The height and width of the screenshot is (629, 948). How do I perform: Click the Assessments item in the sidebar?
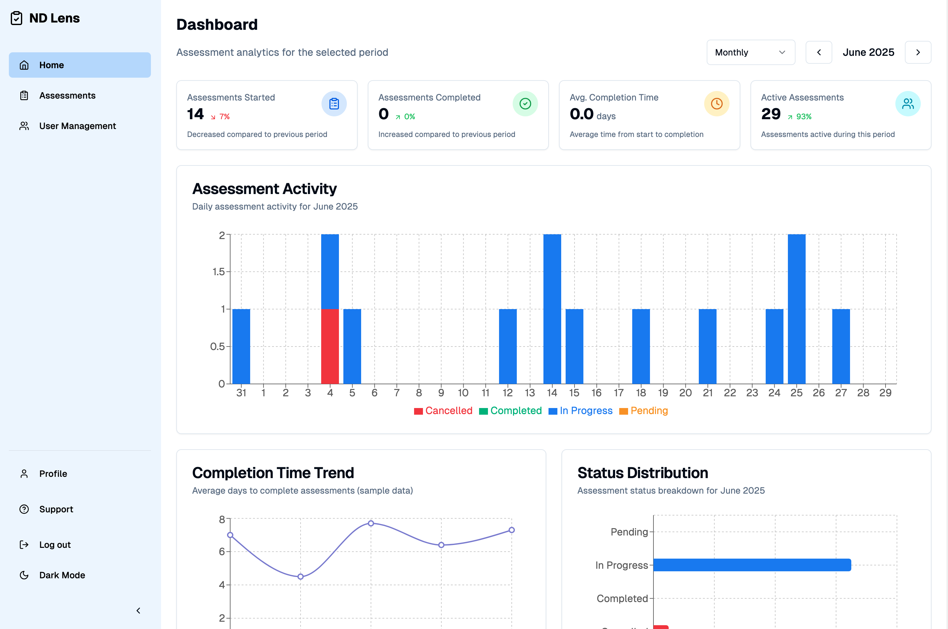[67, 95]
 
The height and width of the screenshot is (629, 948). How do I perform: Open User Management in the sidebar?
[77, 126]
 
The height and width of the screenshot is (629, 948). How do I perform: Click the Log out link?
[55, 544]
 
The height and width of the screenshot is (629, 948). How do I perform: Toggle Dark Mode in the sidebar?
[62, 575]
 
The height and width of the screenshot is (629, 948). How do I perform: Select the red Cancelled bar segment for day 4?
[330, 346]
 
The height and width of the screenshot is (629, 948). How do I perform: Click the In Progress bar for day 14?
[552, 309]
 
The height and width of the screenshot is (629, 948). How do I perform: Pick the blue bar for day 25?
[796, 309]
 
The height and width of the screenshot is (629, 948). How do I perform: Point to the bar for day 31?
[241, 346]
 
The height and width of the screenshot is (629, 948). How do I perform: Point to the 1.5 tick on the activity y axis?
[219, 272]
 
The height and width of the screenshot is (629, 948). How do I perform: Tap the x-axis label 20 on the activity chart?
[685, 393]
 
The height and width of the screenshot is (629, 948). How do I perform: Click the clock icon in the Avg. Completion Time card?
[717, 104]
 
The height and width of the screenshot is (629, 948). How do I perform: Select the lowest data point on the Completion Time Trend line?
[301, 576]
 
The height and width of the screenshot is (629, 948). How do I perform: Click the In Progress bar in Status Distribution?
[752, 565]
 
